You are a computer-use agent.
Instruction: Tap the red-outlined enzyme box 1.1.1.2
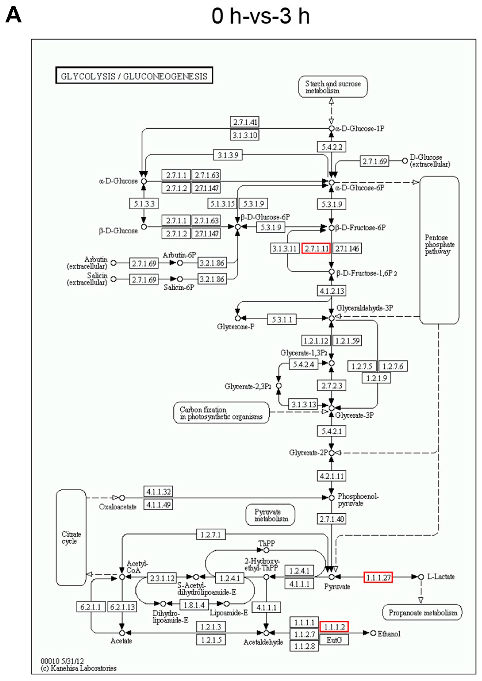point(334,627)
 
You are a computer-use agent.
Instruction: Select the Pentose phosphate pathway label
point(439,245)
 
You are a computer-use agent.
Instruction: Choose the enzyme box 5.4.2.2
point(332,147)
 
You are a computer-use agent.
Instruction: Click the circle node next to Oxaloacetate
point(122,498)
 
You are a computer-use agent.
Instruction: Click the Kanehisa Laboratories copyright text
point(78,668)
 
